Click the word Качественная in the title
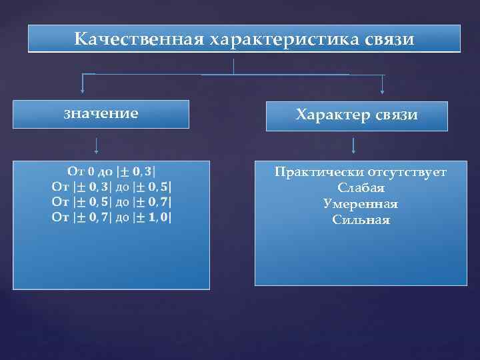point(139,40)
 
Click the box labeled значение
point(101,113)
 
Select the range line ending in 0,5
point(111,185)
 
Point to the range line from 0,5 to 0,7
point(111,201)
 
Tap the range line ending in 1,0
point(111,217)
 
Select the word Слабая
point(361,189)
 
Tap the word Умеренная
point(361,204)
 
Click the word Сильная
point(361,220)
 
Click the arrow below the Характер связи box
point(353,145)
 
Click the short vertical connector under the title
point(234,66)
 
